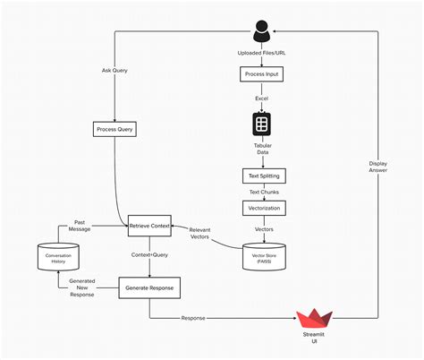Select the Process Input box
pyautogui.click(x=261, y=74)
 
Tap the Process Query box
pyautogui.click(x=114, y=130)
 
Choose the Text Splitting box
pyautogui.click(x=261, y=176)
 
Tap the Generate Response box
pyautogui.click(x=149, y=287)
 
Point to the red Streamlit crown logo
pyautogui.click(x=314, y=318)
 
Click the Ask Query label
pyautogui.click(x=114, y=70)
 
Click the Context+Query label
pyautogui.click(x=149, y=256)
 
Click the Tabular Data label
pyautogui.click(x=261, y=149)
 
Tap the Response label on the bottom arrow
pyautogui.click(x=192, y=317)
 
